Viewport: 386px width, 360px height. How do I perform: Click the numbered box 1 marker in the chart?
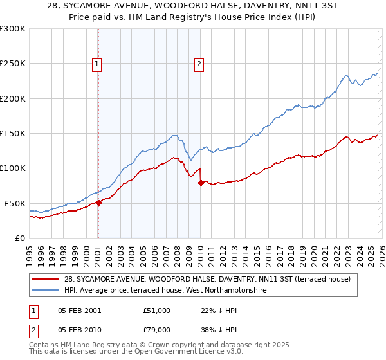click(x=96, y=64)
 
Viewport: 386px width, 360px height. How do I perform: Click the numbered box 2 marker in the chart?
click(x=199, y=64)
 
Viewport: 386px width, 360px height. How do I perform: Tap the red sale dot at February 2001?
click(x=98, y=203)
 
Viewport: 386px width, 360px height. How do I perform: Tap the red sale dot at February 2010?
click(x=201, y=183)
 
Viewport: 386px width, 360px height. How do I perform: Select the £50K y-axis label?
click(x=15, y=203)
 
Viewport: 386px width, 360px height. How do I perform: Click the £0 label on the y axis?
click(x=21, y=238)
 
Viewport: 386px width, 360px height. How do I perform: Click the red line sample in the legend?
click(x=47, y=279)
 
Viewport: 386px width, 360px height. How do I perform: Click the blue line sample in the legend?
click(x=47, y=291)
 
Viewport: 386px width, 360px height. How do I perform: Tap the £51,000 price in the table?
click(x=156, y=310)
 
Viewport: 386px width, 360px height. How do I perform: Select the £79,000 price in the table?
click(x=156, y=329)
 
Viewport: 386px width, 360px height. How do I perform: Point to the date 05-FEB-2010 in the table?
click(x=75, y=329)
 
